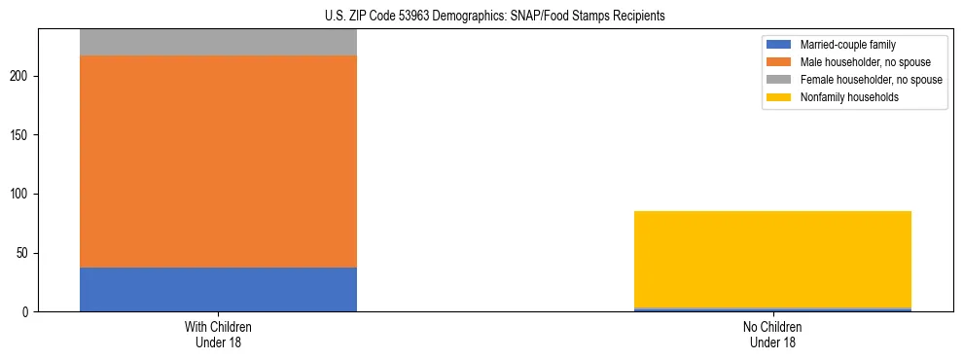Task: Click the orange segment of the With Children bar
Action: (x=218, y=162)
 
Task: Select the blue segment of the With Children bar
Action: (x=218, y=289)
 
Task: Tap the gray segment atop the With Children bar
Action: (x=218, y=43)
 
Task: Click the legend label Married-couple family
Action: (x=847, y=45)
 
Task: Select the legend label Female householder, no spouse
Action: (x=871, y=80)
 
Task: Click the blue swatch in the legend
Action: (x=780, y=45)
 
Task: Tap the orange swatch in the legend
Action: (x=780, y=62)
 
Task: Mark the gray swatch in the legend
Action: (x=780, y=80)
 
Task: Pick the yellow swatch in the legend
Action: (x=780, y=97)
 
